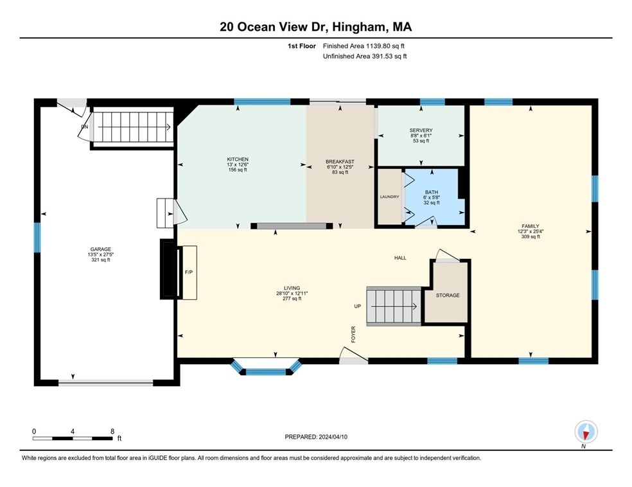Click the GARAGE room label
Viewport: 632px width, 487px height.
tap(101, 249)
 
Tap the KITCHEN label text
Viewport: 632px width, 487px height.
tap(237, 159)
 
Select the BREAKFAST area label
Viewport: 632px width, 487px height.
tap(340, 162)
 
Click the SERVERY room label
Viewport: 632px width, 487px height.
tap(421, 130)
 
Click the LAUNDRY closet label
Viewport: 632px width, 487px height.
tap(389, 197)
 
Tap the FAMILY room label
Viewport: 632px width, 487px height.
tap(530, 226)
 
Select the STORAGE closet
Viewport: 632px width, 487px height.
tap(448, 295)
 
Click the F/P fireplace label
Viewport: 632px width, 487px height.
tap(189, 272)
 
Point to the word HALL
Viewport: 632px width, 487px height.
tap(400, 258)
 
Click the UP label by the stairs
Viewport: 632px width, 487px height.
tap(358, 306)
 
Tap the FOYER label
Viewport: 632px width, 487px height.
tap(353, 333)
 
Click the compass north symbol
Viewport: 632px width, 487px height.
tap(586, 431)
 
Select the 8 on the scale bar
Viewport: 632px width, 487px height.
tap(112, 431)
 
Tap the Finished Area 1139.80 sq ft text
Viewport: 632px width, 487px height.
tap(364, 46)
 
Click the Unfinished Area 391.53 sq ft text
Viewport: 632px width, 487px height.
tap(364, 56)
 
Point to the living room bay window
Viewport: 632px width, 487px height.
tap(266, 368)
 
